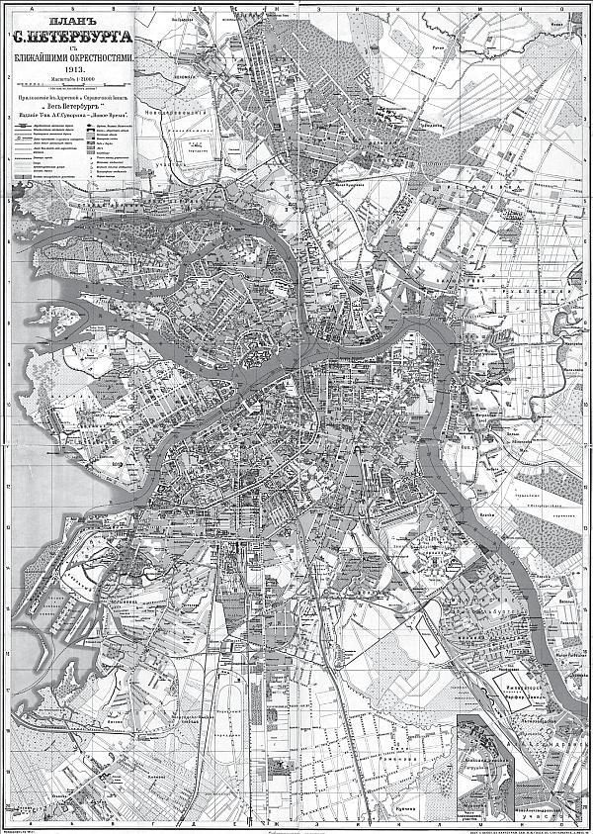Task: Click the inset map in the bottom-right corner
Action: click(519, 767)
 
